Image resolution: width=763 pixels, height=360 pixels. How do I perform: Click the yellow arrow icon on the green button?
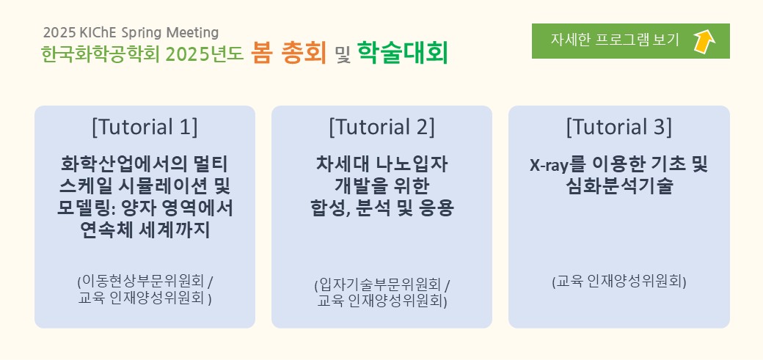pos(704,41)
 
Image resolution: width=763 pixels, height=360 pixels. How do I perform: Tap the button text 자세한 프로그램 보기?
pos(615,40)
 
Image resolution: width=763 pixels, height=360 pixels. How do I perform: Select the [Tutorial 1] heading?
pos(145,127)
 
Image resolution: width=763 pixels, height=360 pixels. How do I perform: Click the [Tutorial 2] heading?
pos(381,127)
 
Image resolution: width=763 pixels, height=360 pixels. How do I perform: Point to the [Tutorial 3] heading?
pos(618,127)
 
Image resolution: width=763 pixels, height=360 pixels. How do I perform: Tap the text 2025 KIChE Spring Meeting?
pos(131,32)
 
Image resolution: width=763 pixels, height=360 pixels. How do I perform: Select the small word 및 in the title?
pos(343,55)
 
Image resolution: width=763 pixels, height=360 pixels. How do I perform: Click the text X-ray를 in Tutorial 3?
pos(555,165)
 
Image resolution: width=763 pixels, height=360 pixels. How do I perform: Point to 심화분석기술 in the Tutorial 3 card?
pos(619,186)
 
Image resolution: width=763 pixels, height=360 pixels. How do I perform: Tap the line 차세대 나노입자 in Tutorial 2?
pos(381,164)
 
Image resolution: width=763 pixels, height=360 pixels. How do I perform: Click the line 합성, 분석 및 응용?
pos(381,208)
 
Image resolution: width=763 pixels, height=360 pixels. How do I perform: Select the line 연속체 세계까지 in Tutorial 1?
pos(145,230)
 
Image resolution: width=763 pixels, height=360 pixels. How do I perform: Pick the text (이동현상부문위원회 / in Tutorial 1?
pos(145,282)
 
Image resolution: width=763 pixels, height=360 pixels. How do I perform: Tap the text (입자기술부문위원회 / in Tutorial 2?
pos(382,284)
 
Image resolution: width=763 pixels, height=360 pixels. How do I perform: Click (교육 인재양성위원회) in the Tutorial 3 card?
pos(619,282)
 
